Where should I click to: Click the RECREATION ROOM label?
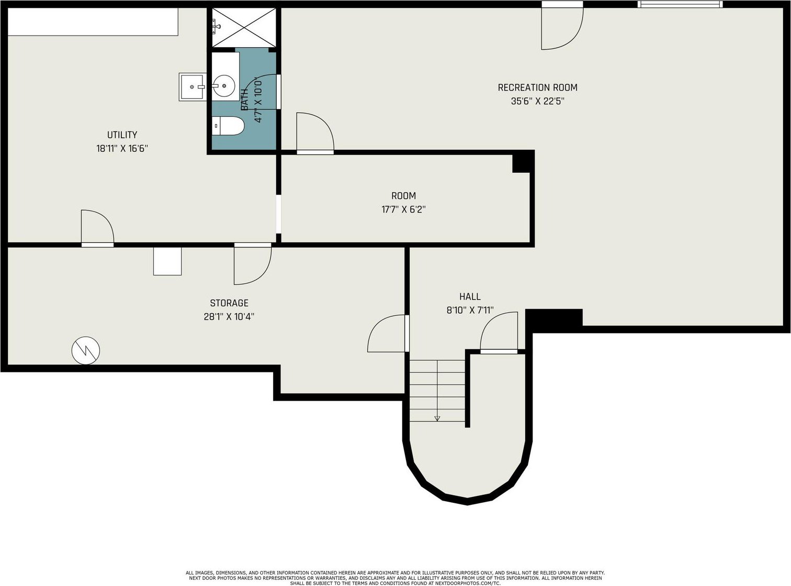[537, 87]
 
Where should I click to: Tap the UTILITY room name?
[122, 135]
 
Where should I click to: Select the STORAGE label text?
[229, 303]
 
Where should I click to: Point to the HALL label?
[470, 296]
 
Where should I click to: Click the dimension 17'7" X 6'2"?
[403, 209]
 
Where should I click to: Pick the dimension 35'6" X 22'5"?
[537, 101]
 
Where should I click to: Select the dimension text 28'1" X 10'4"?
[229, 316]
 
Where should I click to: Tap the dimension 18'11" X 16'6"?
[122, 148]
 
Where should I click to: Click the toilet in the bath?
[228, 126]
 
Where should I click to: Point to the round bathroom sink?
[224, 85]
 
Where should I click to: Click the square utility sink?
[193, 87]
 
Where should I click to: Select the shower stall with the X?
[244, 28]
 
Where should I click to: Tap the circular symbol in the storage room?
[86, 350]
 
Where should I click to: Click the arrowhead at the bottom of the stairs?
[437, 418]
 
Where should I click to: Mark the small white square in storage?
[167, 261]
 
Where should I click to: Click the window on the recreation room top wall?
[680, 4]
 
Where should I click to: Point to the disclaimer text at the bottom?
[395, 578]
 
